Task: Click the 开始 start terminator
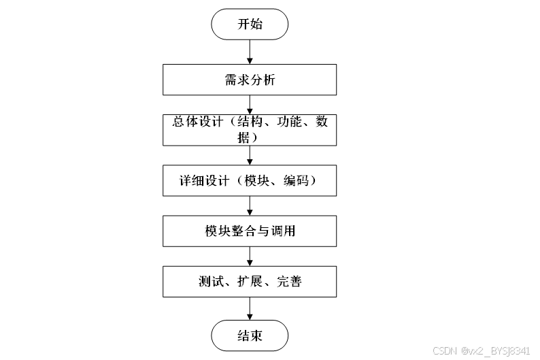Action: [x=250, y=24]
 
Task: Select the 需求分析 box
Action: [x=250, y=80]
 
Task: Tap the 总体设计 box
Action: [x=250, y=129]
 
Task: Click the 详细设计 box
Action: [x=250, y=180]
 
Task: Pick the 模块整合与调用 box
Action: [x=250, y=231]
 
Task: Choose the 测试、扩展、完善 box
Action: [x=250, y=282]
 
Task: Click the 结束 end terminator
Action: [x=250, y=336]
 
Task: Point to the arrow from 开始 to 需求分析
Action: [x=250, y=52]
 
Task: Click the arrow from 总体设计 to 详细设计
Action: [x=250, y=154]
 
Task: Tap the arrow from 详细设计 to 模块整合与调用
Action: [x=250, y=206]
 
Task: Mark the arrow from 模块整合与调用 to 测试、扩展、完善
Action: [x=250, y=256]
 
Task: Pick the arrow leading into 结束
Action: [x=250, y=308]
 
